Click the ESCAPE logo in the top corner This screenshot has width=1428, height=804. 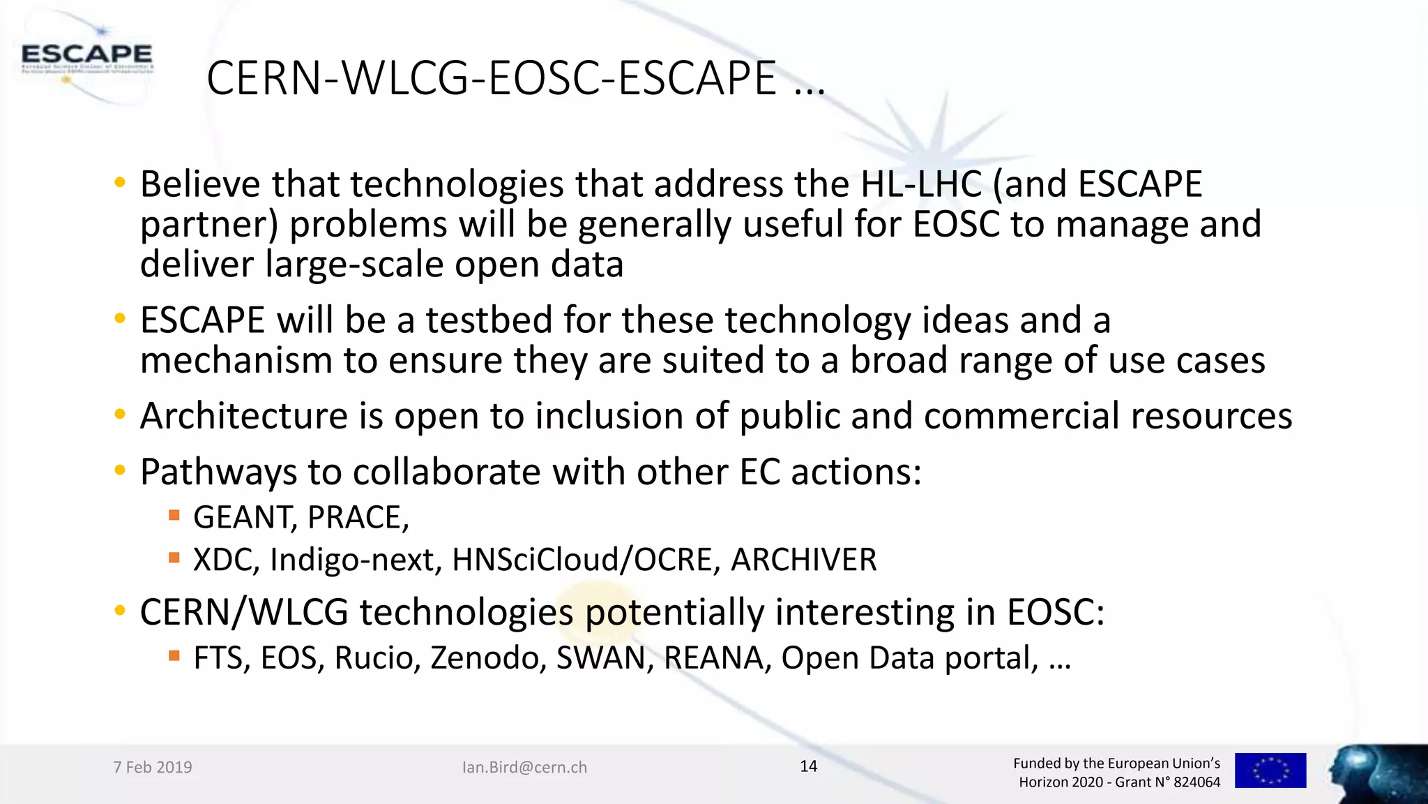point(86,56)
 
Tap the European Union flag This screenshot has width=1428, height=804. point(1270,770)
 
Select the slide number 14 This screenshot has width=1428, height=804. point(808,766)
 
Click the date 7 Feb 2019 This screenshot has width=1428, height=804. point(153,767)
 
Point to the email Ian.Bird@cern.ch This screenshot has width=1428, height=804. point(524,767)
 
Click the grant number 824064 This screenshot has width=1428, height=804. point(1197,782)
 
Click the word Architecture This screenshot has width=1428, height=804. point(244,416)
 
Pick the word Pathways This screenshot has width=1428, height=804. point(218,472)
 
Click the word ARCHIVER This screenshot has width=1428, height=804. point(803,560)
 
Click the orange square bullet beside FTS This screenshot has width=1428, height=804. point(174,655)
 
